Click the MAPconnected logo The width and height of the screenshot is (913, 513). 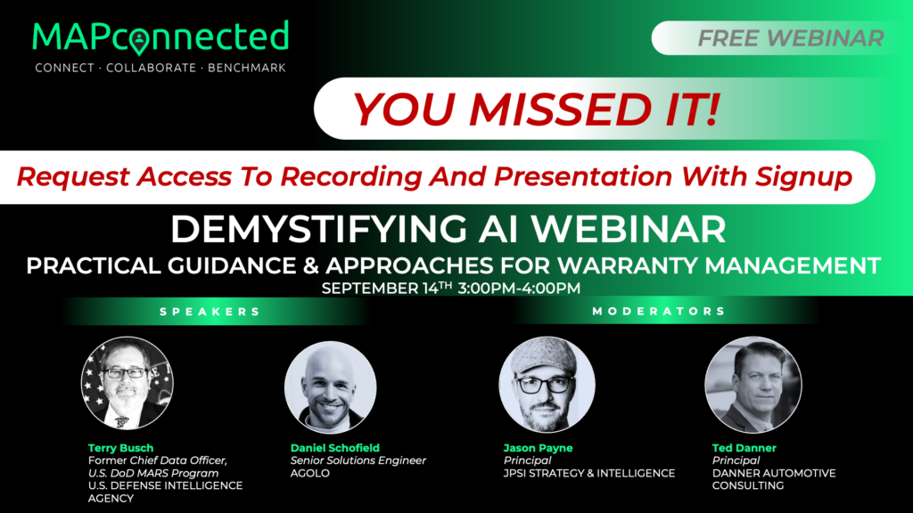pyautogui.click(x=160, y=37)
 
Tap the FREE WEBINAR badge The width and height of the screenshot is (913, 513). pyautogui.click(x=790, y=38)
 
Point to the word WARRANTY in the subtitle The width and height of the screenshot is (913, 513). pyautogui.click(x=655, y=265)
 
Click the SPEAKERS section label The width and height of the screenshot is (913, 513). pyautogui.click(x=210, y=312)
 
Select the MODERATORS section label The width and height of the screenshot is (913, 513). pyautogui.click(x=659, y=312)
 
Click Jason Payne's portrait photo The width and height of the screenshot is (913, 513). pyautogui.click(x=547, y=384)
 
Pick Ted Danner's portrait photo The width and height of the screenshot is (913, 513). pyautogui.click(x=753, y=384)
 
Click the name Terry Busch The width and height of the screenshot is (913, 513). pyautogui.click(x=120, y=447)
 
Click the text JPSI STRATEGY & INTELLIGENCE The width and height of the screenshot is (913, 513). pyautogui.click(x=589, y=473)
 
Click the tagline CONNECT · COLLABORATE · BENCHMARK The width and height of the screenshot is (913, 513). pyautogui.click(x=160, y=68)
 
